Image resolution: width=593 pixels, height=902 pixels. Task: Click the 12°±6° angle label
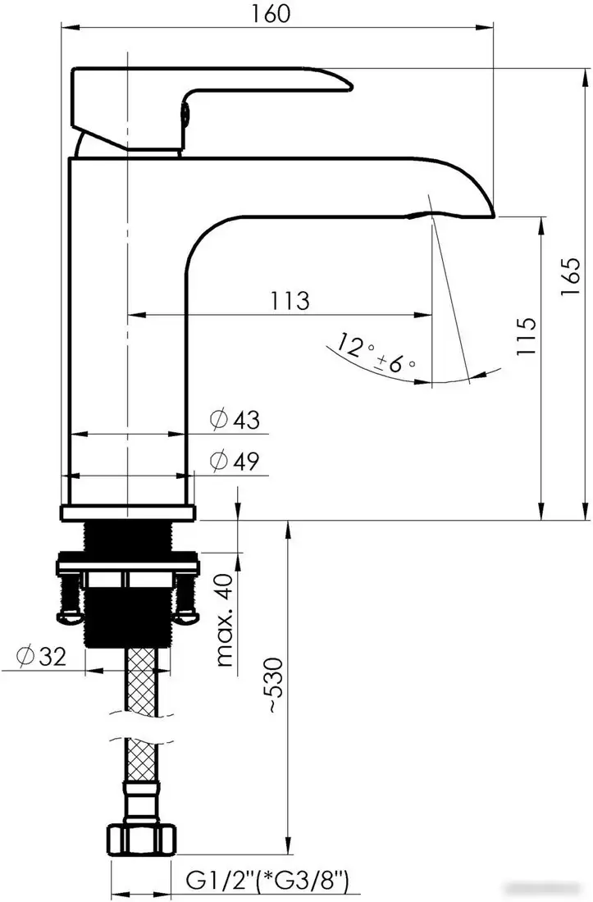tap(374, 355)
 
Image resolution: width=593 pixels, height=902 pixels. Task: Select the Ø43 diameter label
tap(235, 420)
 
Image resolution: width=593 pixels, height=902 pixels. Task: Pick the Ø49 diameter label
tap(235, 462)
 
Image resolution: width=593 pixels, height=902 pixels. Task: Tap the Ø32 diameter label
tap(39, 656)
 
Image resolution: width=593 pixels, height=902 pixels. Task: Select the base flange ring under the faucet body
tap(130, 513)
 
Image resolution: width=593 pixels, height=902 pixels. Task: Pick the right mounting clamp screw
tap(188, 599)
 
